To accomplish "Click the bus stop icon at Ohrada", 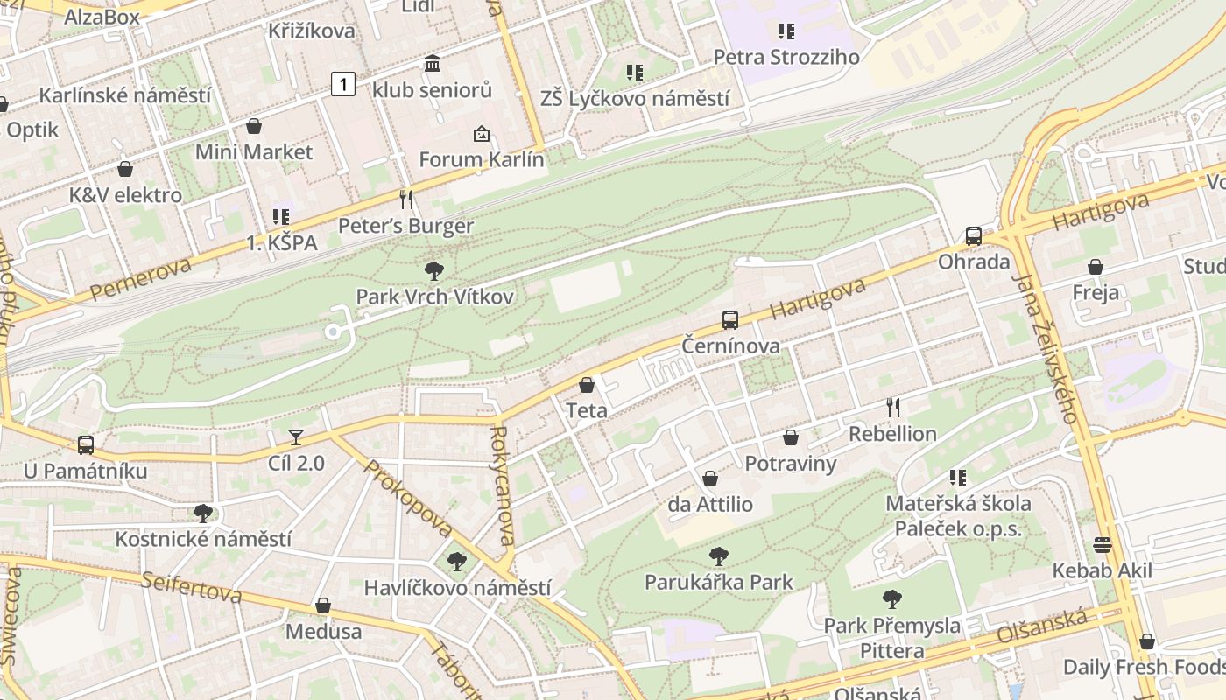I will (973, 236).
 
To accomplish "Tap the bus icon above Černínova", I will (730, 320).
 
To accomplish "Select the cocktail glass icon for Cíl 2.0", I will (296, 437).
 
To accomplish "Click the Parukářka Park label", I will (719, 582).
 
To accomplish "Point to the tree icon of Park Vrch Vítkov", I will (433, 271).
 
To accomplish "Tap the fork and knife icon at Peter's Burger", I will (405, 199).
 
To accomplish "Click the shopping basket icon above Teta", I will (587, 385).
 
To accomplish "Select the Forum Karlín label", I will (481, 159).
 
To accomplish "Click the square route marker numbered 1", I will (343, 84).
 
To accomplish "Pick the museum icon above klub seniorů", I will (432, 64).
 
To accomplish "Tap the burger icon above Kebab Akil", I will (1102, 545).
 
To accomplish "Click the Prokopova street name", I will (408, 499).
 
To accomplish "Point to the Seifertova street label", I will (192, 587).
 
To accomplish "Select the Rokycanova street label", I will (502, 486).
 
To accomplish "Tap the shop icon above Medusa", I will (323, 605).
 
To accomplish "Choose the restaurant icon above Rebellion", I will (892, 407).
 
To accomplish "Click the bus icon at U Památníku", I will (86, 445).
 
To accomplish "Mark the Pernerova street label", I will (140, 279).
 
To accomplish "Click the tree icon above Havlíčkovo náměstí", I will (456, 562).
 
